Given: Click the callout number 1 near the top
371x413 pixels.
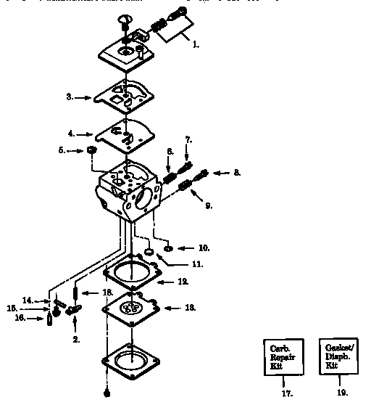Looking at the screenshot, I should click(196, 45).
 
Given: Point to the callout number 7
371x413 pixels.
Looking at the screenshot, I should click(188, 139).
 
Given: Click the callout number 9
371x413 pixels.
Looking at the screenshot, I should click(209, 206).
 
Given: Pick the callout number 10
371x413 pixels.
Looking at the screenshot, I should click(204, 248).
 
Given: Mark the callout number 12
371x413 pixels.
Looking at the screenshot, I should click(183, 281).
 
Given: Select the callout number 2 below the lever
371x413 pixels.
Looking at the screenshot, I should click(76, 339).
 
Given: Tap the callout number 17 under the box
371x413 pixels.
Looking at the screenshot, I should click(286, 394).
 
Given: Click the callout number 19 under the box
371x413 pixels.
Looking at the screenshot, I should click(342, 394).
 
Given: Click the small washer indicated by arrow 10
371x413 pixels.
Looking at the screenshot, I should click(167, 248).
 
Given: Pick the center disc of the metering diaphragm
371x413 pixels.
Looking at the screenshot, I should click(132, 308).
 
